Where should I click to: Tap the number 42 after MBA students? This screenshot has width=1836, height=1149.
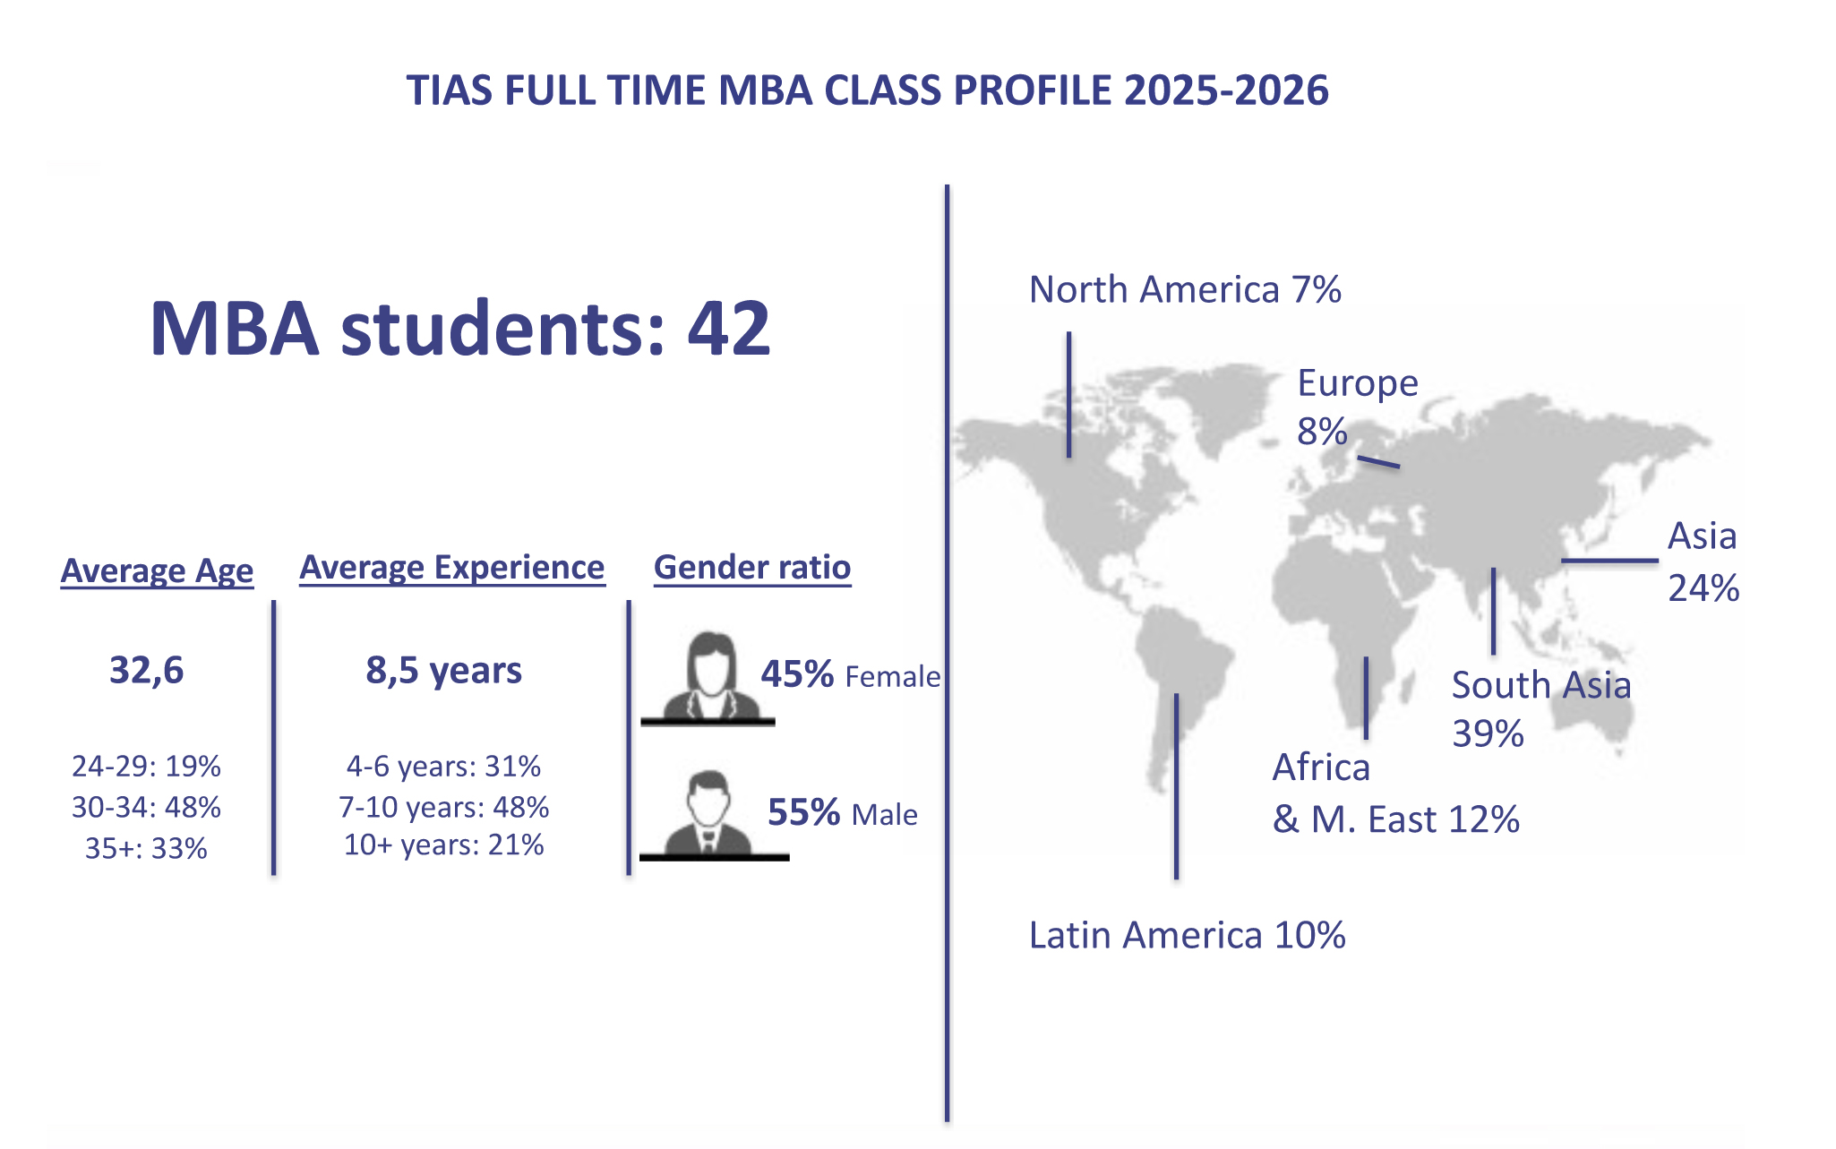pos(729,329)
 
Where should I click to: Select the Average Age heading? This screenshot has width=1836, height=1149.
pos(157,570)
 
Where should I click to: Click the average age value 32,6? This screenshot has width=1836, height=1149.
pos(146,671)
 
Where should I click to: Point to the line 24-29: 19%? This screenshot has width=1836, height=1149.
pos(146,767)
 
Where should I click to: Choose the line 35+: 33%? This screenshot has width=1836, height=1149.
pos(146,848)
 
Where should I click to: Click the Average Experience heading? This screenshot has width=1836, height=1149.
pos(452,568)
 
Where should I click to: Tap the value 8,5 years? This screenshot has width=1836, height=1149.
pos(443,671)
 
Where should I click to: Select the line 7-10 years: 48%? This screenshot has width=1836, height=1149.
pos(443,807)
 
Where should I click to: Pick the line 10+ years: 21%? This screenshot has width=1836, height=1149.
pos(443,845)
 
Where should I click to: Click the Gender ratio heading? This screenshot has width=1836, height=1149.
pos(752,568)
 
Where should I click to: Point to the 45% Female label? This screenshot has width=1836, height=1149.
pos(851,675)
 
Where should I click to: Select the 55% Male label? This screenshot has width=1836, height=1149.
pos(843,813)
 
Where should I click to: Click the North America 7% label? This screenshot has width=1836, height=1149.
pos(1185,290)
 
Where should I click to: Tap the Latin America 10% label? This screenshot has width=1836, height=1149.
pos(1187,935)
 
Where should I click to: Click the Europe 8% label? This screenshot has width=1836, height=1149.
pos(1358,407)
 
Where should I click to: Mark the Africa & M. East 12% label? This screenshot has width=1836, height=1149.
pos(1396,793)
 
